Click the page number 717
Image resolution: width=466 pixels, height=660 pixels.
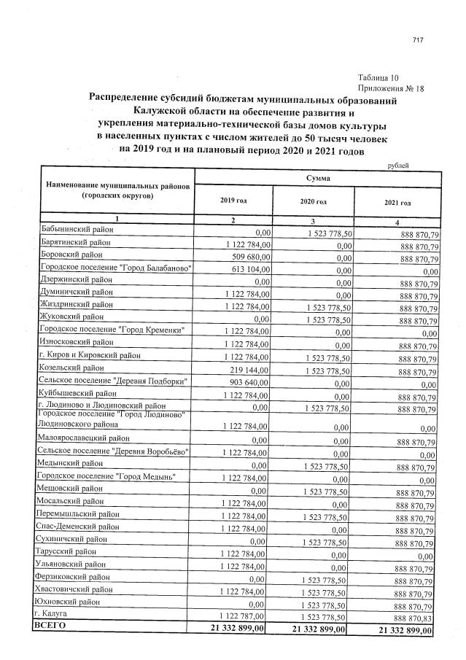(x=418, y=40)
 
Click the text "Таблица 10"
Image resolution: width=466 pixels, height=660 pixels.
(x=378, y=77)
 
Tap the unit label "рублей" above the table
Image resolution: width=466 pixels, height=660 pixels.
(x=397, y=166)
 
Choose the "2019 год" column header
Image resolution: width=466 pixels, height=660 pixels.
(x=233, y=201)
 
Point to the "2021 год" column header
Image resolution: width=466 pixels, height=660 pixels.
(x=397, y=203)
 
